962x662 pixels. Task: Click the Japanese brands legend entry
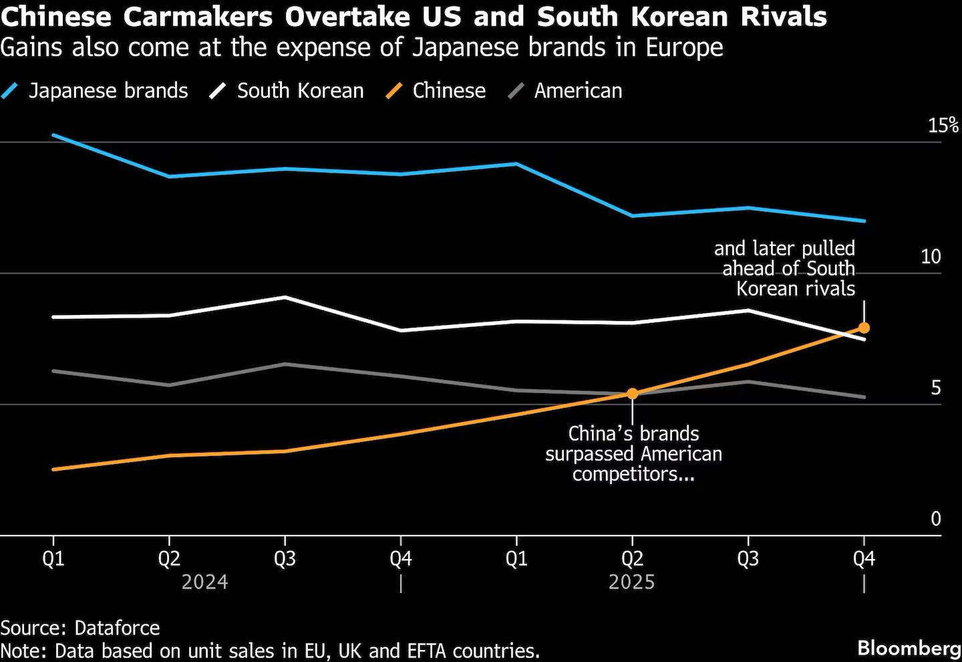pyautogui.click(x=107, y=91)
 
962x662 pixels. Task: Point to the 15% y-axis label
pyautogui.click(x=943, y=125)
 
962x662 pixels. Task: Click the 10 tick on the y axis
pyautogui.click(x=931, y=256)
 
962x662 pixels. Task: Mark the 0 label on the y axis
pyautogui.click(x=935, y=519)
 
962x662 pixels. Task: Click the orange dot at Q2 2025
pyautogui.click(x=632, y=393)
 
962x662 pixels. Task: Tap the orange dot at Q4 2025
pyautogui.click(x=864, y=328)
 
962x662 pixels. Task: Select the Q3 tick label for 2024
pyautogui.click(x=285, y=558)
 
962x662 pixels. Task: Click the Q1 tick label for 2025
pyautogui.click(x=516, y=558)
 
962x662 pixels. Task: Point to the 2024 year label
pyautogui.click(x=204, y=582)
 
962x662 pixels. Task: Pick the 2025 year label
pyautogui.click(x=631, y=582)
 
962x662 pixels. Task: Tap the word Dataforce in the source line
pyautogui.click(x=117, y=628)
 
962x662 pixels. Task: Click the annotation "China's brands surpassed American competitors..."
pyautogui.click(x=633, y=453)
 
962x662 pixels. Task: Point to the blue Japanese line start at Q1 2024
pyautogui.click(x=53, y=135)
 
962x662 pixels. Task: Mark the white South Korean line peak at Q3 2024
pyautogui.click(x=285, y=297)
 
